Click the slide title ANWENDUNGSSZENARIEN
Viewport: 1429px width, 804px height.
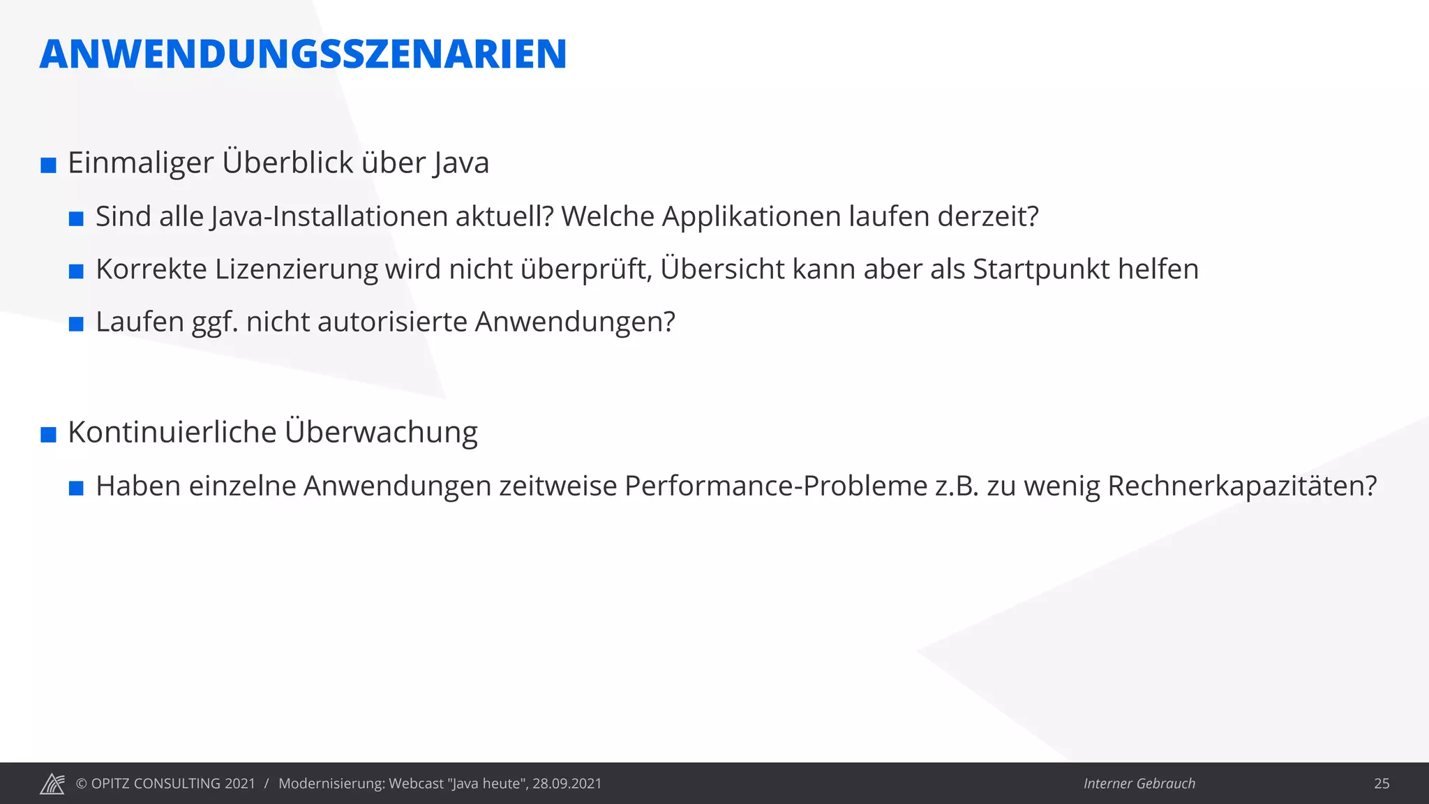(303, 54)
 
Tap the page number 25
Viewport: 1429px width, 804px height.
(1382, 784)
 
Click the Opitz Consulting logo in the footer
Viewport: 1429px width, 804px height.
(52, 784)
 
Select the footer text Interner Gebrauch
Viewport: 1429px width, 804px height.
(1139, 784)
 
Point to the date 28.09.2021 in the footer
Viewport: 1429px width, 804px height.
(567, 784)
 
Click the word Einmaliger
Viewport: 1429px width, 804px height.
(140, 163)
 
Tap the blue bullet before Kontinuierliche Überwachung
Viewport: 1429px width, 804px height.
(48, 435)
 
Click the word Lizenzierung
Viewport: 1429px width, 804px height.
(296, 269)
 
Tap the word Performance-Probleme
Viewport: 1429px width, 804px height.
(776, 486)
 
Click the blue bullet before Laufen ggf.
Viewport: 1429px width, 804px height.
(76, 324)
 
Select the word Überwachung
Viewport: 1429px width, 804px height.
(380, 432)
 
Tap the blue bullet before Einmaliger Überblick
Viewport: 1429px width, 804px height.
(48, 166)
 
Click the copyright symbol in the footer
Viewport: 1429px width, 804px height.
(81, 784)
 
